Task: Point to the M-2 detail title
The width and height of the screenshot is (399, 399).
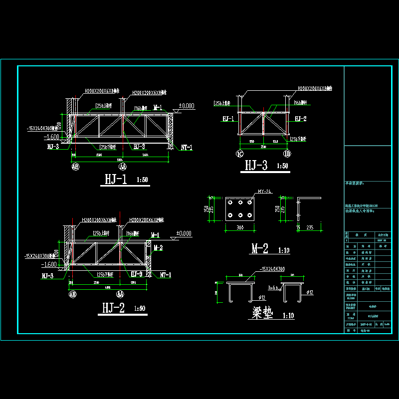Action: [260, 248]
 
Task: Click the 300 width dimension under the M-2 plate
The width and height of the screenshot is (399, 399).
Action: [240, 227]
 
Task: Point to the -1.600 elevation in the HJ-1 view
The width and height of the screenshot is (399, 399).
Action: [52, 137]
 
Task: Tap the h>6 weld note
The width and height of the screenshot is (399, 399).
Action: [273, 287]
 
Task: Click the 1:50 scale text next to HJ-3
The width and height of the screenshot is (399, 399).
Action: [281, 166]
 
